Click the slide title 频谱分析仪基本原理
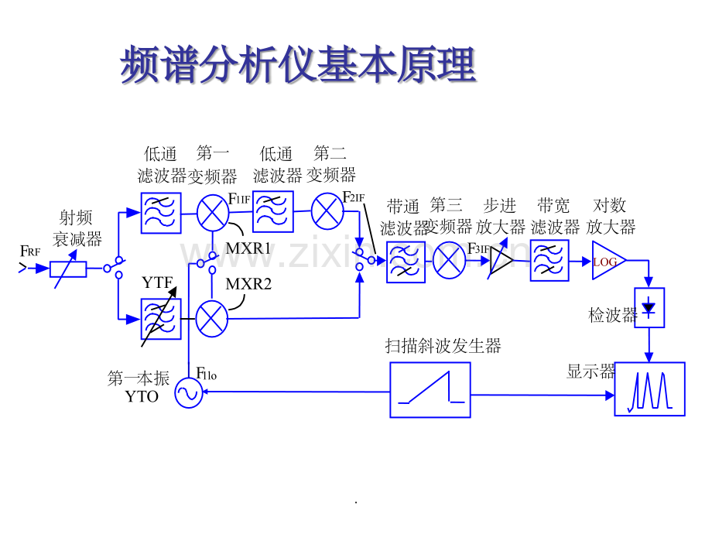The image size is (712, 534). pos(298,65)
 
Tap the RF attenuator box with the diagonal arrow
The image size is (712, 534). pos(68,269)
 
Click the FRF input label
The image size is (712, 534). pos(30,251)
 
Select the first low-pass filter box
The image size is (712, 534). pos(161,213)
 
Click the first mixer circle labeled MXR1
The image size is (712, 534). pos(211,213)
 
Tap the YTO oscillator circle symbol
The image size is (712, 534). pos(188,393)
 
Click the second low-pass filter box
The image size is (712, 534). pos(273,211)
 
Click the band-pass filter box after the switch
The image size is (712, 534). pos(406,262)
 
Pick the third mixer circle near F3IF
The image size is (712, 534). pos(449,260)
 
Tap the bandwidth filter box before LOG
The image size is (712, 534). pos(549,260)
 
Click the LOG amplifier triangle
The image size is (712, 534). pos(608,262)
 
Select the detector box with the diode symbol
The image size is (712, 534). pos(649,308)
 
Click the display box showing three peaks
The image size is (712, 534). pos(649,389)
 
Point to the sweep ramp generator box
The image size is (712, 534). pos(430,390)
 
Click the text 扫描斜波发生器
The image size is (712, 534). pos(443,346)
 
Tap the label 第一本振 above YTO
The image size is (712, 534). pos(139,378)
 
